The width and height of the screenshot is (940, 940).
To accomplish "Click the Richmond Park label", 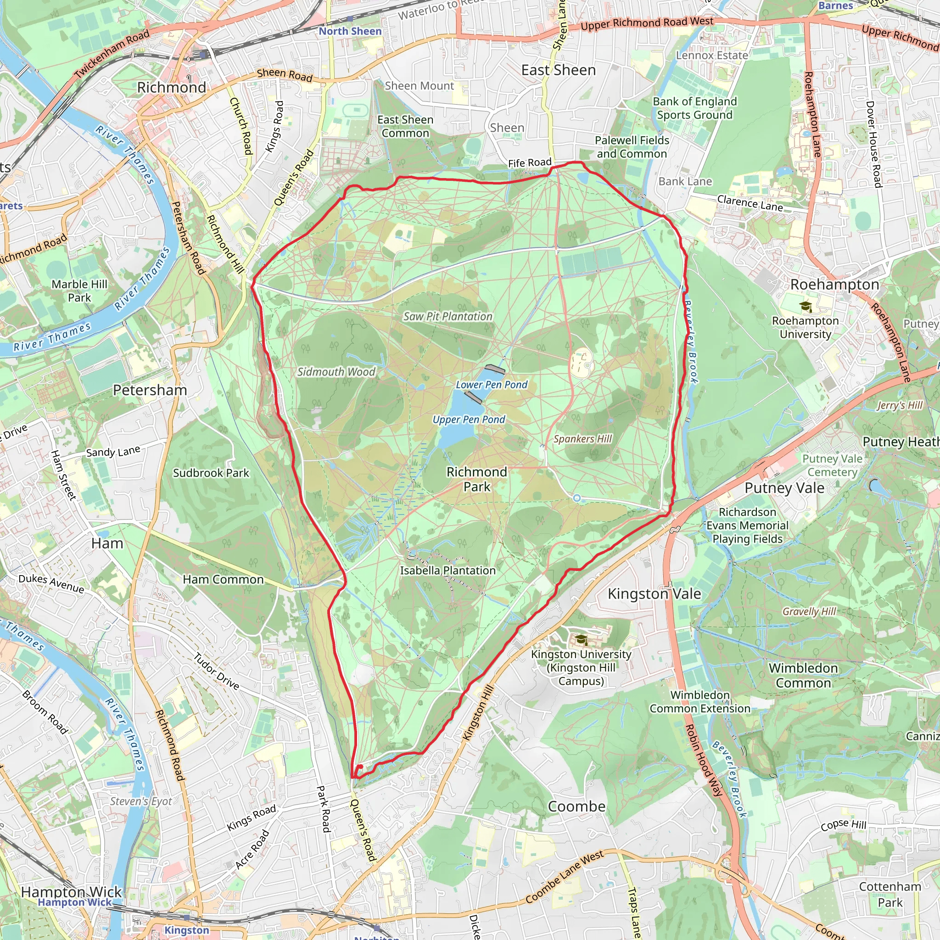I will click(476, 479).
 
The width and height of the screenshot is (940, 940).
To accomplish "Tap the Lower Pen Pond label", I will click(492, 385).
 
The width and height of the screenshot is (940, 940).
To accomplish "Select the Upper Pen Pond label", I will click(469, 420).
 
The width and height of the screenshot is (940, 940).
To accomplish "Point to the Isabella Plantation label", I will click(448, 570).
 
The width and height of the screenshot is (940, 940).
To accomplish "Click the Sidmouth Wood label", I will click(336, 372).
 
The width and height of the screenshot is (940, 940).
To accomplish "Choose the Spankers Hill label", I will click(582, 439).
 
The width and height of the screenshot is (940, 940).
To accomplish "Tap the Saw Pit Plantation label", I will click(448, 316).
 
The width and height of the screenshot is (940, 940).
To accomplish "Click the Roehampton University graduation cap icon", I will click(806, 307).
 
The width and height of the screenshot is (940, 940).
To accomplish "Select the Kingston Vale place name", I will click(654, 593).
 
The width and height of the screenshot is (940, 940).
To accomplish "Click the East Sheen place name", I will click(558, 70).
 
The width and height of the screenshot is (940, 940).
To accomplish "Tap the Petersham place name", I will click(150, 390).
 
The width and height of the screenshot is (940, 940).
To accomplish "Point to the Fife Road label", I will click(529, 162).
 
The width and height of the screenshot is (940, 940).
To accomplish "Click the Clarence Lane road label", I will click(750, 203).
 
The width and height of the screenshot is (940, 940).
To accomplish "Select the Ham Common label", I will click(224, 580).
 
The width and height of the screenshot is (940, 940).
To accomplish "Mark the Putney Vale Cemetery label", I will click(832, 465).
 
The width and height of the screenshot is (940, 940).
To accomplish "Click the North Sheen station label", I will click(350, 31).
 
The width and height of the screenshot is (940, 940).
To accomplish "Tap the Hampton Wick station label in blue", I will click(74, 902).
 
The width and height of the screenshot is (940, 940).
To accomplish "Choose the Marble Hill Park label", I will click(79, 291).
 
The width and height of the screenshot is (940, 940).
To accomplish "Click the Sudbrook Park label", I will click(211, 473).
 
